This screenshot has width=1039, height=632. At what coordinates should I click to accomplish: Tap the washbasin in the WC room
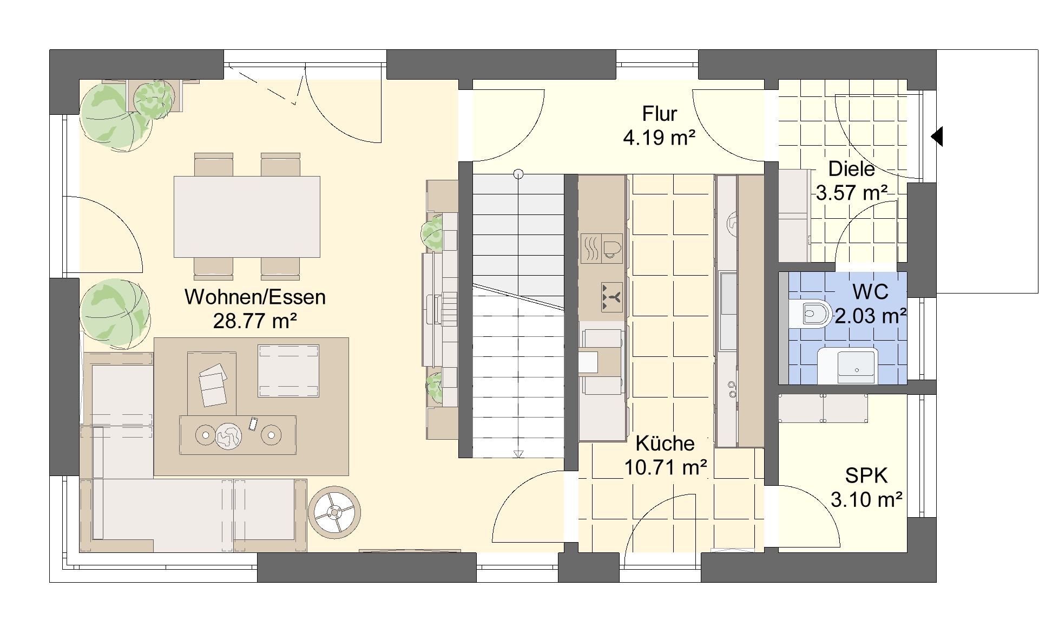847,366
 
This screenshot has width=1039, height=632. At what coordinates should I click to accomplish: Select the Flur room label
660,114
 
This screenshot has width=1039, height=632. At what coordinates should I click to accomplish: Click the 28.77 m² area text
255,321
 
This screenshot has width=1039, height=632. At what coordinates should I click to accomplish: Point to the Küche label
665,443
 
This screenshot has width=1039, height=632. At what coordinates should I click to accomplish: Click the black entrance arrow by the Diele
937,136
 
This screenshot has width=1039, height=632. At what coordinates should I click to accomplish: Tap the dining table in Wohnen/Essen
247,217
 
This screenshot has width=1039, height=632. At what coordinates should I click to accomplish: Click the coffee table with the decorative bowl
238,435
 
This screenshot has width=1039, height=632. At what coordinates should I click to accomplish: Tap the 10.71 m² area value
666,467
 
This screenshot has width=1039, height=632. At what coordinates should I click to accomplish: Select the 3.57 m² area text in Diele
851,192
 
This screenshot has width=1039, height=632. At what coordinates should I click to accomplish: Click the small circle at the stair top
518,174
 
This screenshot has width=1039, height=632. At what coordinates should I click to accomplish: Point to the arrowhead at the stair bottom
518,454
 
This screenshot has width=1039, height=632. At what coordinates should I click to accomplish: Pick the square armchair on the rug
288,371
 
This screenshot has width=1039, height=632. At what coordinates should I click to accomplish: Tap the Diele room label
851,169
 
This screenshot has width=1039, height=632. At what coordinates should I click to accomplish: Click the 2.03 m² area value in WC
871,315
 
